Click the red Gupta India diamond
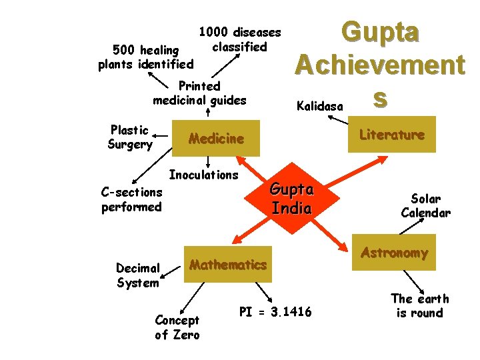click(291, 198)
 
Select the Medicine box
click(216, 139)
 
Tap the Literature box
click(391, 135)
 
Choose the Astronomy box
click(394, 253)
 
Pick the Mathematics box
click(227, 265)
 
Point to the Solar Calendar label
click(425, 206)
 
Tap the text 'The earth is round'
click(419, 306)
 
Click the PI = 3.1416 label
click(275, 312)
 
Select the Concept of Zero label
click(177, 327)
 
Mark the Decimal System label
click(137, 275)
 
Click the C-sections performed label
click(131, 199)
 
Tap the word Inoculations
click(203, 175)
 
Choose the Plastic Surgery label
click(130, 137)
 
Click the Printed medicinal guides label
click(199, 93)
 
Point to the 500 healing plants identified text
click(145, 57)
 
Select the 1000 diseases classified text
click(240, 39)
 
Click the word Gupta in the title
click(380, 32)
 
